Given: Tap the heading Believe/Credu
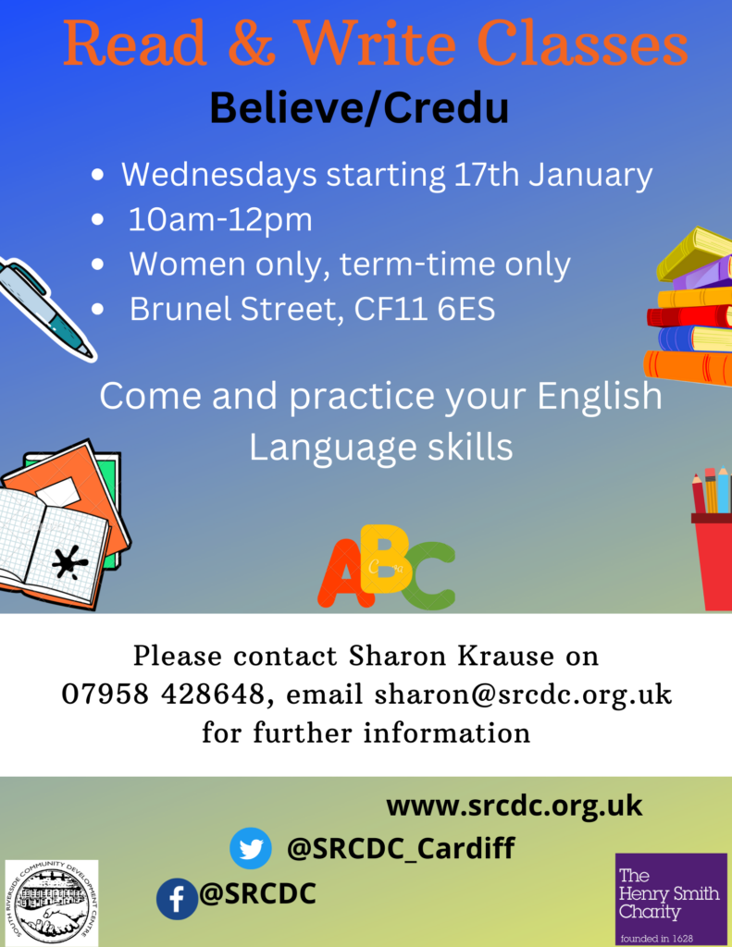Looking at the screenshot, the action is [x=359, y=108].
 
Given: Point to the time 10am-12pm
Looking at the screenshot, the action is [x=220, y=219].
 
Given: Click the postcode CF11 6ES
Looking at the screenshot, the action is [x=425, y=309].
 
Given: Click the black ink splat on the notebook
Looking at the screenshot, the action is [x=70, y=561].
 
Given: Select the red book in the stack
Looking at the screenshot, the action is [x=689, y=316].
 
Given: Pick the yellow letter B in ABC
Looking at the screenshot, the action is [x=386, y=559].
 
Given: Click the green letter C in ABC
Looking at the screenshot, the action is [x=427, y=575].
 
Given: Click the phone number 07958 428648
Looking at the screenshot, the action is [x=163, y=694].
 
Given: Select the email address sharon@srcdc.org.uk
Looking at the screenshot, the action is [x=523, y=694].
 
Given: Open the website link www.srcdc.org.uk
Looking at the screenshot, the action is [x=514, y=806].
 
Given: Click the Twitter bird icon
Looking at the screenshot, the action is [x=250, y=848].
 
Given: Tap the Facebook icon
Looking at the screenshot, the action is [x=177, y=899].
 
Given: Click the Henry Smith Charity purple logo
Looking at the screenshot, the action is [x=671, y=899].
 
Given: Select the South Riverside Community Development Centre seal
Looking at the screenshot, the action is [x=52, y=904].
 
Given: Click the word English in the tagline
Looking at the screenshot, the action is [x=600, y=396].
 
